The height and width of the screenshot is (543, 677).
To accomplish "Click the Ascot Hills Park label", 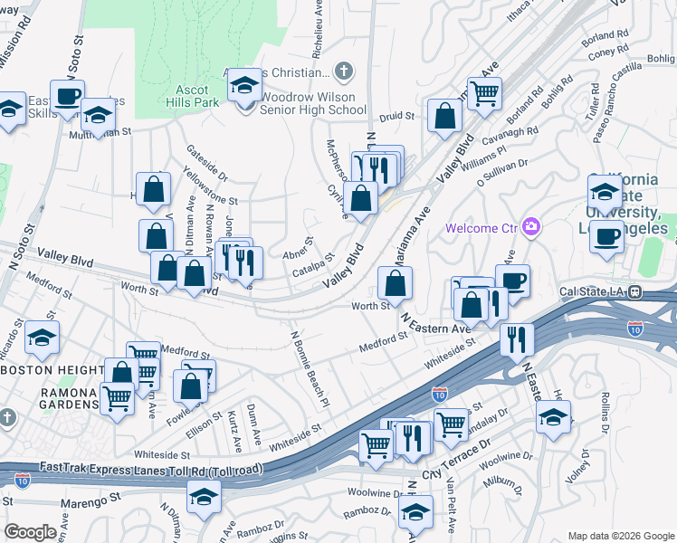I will tap(191, 97).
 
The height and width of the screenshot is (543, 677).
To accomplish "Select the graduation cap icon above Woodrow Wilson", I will tap(243, 86).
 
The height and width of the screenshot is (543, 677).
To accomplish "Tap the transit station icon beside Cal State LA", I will tap(635, 291).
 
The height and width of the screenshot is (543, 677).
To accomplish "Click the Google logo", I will tap(30, 532).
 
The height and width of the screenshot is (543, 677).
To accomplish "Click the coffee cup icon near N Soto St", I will tap(68, 95).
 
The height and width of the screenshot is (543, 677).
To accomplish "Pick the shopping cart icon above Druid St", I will tap(485, 91).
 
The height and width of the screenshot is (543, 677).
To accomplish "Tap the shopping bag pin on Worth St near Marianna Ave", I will tap(396, 283).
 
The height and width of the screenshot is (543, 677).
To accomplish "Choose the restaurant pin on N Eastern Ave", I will tap(516, 339).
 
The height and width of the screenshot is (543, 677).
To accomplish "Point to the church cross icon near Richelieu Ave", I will tap(343, 70).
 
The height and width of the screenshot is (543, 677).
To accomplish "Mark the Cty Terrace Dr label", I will tap(457, 460).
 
